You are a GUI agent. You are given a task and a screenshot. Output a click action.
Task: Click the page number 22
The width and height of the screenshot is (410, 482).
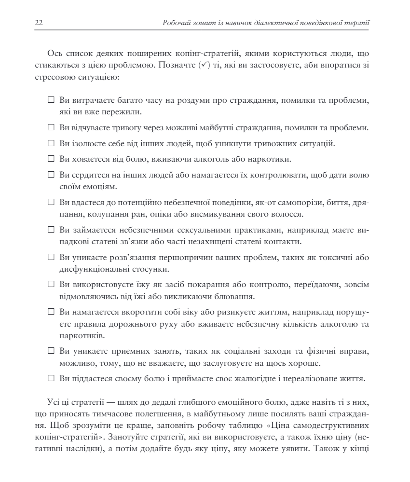39,23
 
